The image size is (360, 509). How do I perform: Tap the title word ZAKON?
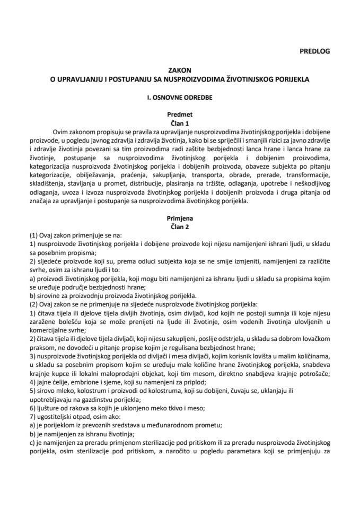coord(180,69)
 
